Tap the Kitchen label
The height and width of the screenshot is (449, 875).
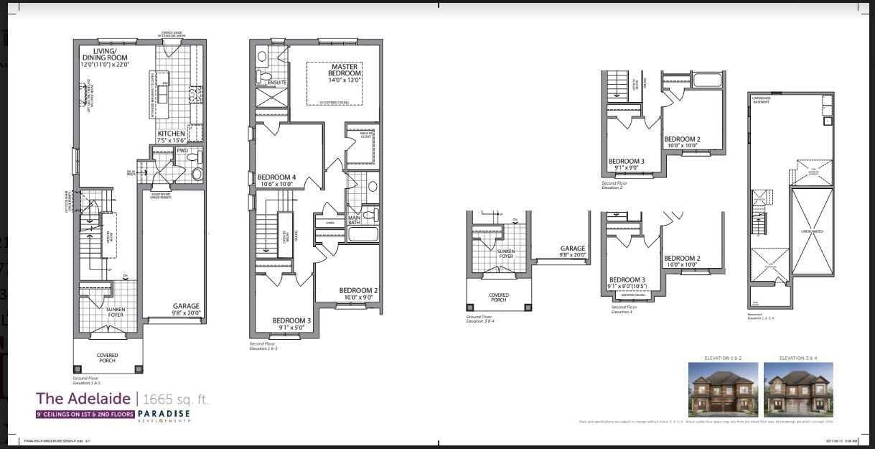tap(172, 134)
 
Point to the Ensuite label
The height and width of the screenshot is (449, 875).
tap(277, 83)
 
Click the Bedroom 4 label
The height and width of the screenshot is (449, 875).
tap(276, 177)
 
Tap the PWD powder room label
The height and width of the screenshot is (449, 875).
tap(182, 152)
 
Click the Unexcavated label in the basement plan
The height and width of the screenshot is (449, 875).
tap(812, 231)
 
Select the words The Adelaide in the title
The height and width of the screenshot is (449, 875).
tap(83, 399)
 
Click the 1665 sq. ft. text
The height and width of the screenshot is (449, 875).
tap(176, 399)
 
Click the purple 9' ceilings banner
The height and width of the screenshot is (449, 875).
tap(85, 415)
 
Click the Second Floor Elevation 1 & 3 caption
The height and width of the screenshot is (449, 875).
tap(263, 346)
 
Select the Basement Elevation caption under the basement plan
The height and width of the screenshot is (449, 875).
tap(760, 317)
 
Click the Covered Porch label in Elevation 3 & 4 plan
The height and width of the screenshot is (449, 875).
tap(498, 297)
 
